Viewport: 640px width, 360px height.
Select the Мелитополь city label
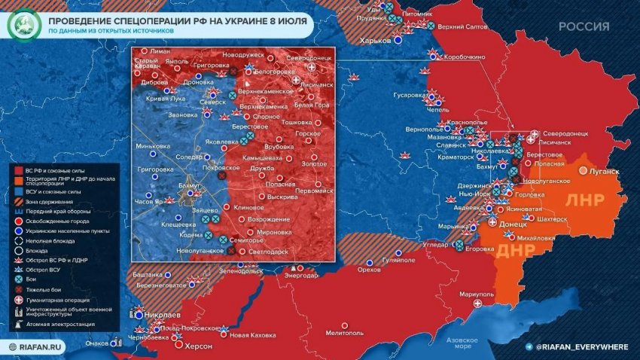tap(346, 332)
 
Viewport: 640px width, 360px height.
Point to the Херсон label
tap(199, 346)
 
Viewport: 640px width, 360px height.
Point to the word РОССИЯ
tap(584, 26)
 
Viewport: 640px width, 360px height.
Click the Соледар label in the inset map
tap(188, 156)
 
